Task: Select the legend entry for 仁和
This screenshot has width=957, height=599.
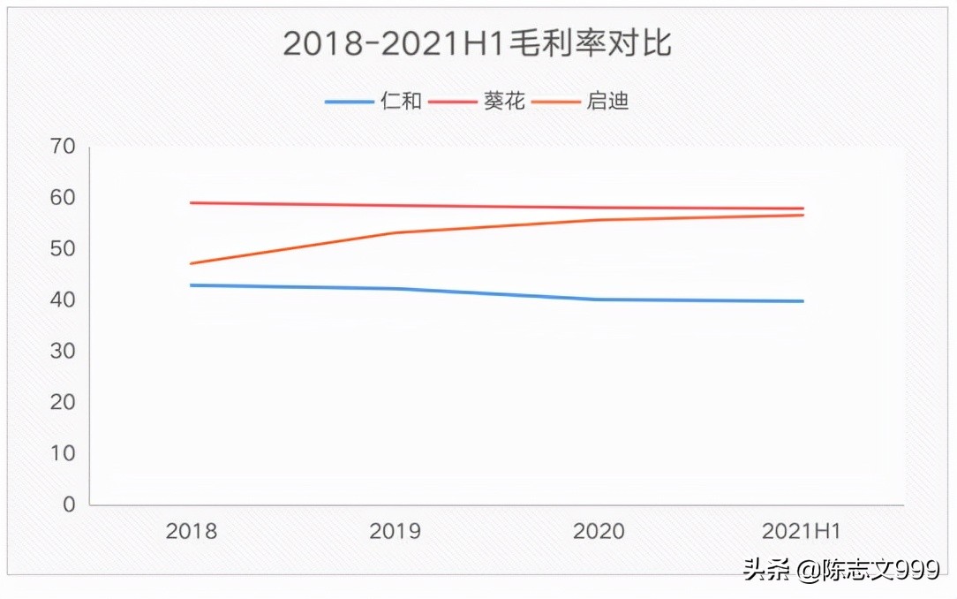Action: point(401,101)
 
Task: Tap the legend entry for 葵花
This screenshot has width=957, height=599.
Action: point(504,101)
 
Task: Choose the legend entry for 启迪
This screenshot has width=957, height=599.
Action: point(607,101)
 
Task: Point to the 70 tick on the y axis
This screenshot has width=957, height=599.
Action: point(64,147)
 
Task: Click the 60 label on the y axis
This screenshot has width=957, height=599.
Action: point(64,198)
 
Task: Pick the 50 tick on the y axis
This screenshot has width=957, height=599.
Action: point(64,249)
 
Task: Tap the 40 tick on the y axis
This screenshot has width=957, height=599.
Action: point(64,300)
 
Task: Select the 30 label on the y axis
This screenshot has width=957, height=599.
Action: point(64,352)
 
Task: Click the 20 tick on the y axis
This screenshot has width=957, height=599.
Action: point(64,402)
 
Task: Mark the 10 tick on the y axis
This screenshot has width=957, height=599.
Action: point(64,453)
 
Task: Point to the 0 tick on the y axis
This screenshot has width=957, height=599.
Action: point(69,504)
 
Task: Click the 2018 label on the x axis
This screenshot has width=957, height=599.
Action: point(192,532)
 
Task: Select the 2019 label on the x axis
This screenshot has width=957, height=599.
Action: point(395,532)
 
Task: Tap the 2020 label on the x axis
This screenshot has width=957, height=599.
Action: point(599,532)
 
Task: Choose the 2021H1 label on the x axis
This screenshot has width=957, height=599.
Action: point(802,532)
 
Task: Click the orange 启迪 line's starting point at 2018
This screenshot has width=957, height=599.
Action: point(192,263)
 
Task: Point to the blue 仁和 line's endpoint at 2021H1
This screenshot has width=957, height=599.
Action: point(803,301)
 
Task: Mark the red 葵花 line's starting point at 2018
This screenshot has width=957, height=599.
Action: point(192,203)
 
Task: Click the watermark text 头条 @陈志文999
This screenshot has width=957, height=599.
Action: point(840,571)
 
